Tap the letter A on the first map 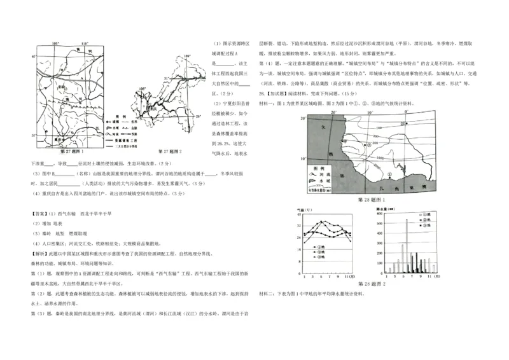(x=81, y=76)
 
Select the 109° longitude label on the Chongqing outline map (x=186, y=57)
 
